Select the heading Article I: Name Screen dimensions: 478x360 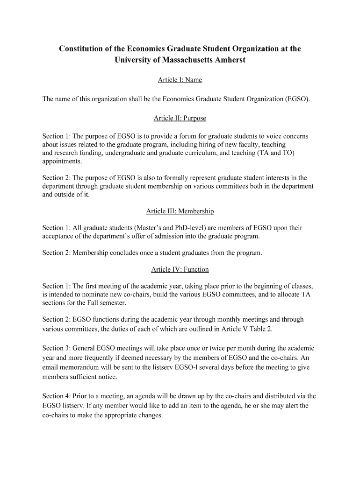click(180, 80)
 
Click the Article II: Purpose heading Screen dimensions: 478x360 click(180, 118)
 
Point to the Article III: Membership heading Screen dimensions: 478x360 click(180, 211)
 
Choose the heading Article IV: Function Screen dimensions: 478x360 click(180, 269)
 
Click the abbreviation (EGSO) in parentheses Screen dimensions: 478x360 click(297, 99)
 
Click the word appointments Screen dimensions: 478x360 click(62, 162)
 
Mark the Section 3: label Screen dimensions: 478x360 click(56, 348)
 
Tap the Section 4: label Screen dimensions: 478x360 click(56, 397)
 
